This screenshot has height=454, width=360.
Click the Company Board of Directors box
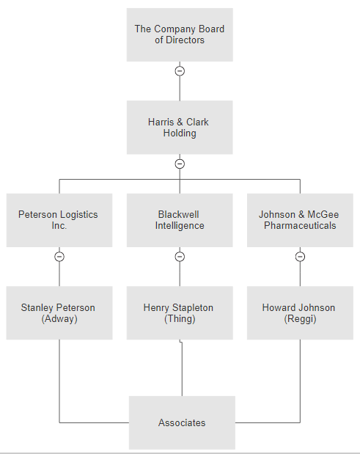[x=180, y=34]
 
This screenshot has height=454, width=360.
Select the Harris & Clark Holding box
[x=180, y=128]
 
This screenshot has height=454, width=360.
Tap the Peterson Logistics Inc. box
[x=59, y=220]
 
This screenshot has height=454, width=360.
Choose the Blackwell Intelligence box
[x=180, y=220]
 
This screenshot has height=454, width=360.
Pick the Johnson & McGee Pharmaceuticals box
[x=300, y=220]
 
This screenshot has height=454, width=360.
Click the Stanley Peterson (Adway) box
[x=59, y=312]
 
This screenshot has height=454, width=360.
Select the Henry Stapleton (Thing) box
[x=180, y=312]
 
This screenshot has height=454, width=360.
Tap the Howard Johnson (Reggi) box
[x=300, y=312]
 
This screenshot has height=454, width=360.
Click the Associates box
[x=182, y=422]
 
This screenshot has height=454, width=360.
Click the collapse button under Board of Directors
[x=180, y=71]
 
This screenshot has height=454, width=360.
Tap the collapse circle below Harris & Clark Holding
[x=180, y=164]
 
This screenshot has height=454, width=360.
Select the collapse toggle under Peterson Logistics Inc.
[x=59, y=257]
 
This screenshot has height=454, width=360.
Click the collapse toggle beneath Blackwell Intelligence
[x=180, y=257]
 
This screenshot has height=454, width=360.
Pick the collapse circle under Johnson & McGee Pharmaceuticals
[x=300, y=257]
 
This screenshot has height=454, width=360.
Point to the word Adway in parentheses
[x=59, y=319]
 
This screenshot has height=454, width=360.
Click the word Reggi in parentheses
[x=300, y=319]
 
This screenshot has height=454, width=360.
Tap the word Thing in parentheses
[x=180, y=319]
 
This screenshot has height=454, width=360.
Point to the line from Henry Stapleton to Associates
[x=182, y=367]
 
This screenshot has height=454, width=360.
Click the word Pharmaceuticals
[x=300, y=226]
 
